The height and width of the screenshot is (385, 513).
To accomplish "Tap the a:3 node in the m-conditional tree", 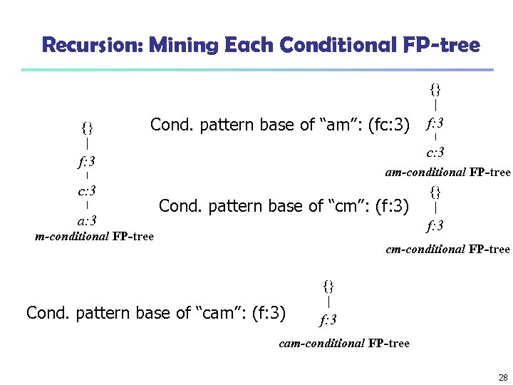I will (x=87, y=220).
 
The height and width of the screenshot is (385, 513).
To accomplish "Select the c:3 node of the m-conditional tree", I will (x=87, y=190).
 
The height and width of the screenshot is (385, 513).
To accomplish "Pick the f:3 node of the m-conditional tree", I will (x=87, y=160).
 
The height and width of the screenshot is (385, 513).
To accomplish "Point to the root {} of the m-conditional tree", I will (x=87, y=128).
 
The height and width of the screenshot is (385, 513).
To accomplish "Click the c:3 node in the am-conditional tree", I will (x=435, y=152).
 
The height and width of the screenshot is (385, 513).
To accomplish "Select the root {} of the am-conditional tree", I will (x=435, y=89).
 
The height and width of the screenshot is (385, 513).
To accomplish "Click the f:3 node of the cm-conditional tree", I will (x=435, y=226).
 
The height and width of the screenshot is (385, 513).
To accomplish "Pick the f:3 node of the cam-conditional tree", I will (x=328, y=319).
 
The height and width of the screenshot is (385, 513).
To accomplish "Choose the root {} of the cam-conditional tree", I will (x=328, y=287).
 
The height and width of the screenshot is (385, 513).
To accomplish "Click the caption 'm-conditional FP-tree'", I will (x=94, y=236).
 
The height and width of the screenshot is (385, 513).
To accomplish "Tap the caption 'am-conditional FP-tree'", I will (x=447, y=172).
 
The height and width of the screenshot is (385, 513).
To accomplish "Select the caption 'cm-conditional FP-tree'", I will (x=447, y=249).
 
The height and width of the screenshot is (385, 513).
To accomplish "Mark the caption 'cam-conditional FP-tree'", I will (x=344, y=343).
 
